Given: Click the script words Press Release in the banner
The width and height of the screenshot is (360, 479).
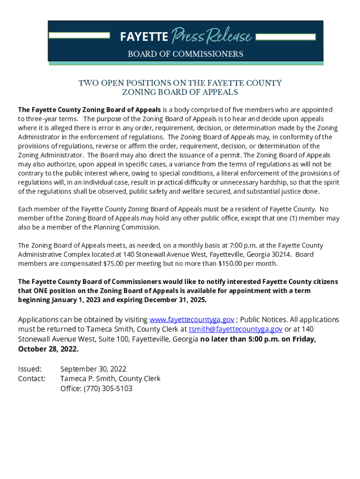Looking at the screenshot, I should pyautogui.click(x=212, y=36).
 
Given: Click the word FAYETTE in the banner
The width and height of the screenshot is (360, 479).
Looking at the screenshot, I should pyautogui.click(x=144, y=36).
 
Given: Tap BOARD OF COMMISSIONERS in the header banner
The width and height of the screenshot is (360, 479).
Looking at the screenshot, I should pyautogui.click(x=186, y=54).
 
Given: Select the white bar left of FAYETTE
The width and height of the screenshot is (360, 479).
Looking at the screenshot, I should pyautogui.click(x=79, y=36).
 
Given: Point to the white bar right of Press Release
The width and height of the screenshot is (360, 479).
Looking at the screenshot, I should pyautogui.click(x=286, y=36).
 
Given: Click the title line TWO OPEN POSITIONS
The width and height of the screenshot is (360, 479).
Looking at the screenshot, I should pyautogui.click(x=180, y=83).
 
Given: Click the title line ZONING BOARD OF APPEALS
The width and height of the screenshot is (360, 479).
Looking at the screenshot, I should pyautogui.click(x=180, y=93).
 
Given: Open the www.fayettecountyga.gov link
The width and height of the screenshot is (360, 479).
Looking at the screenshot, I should pyautogui.click(x=191, y=319).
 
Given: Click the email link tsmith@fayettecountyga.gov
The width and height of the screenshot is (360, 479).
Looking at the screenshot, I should pyautogui.click(x=235, y=329).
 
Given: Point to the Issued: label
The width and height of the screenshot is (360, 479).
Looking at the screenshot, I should pyautogui.click(x=29, y=369).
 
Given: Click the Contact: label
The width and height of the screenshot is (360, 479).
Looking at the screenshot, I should pyautogui.click(x=31, y=378).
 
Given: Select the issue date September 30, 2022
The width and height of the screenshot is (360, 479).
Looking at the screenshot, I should pyautogui.click(x=93, y=369).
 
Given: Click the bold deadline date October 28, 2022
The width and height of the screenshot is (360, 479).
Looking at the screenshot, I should pyautogui.click(x=48, y=349).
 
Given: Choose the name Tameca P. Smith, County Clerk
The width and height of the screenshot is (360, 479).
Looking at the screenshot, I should pyautogui.click(x=110, y=378).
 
